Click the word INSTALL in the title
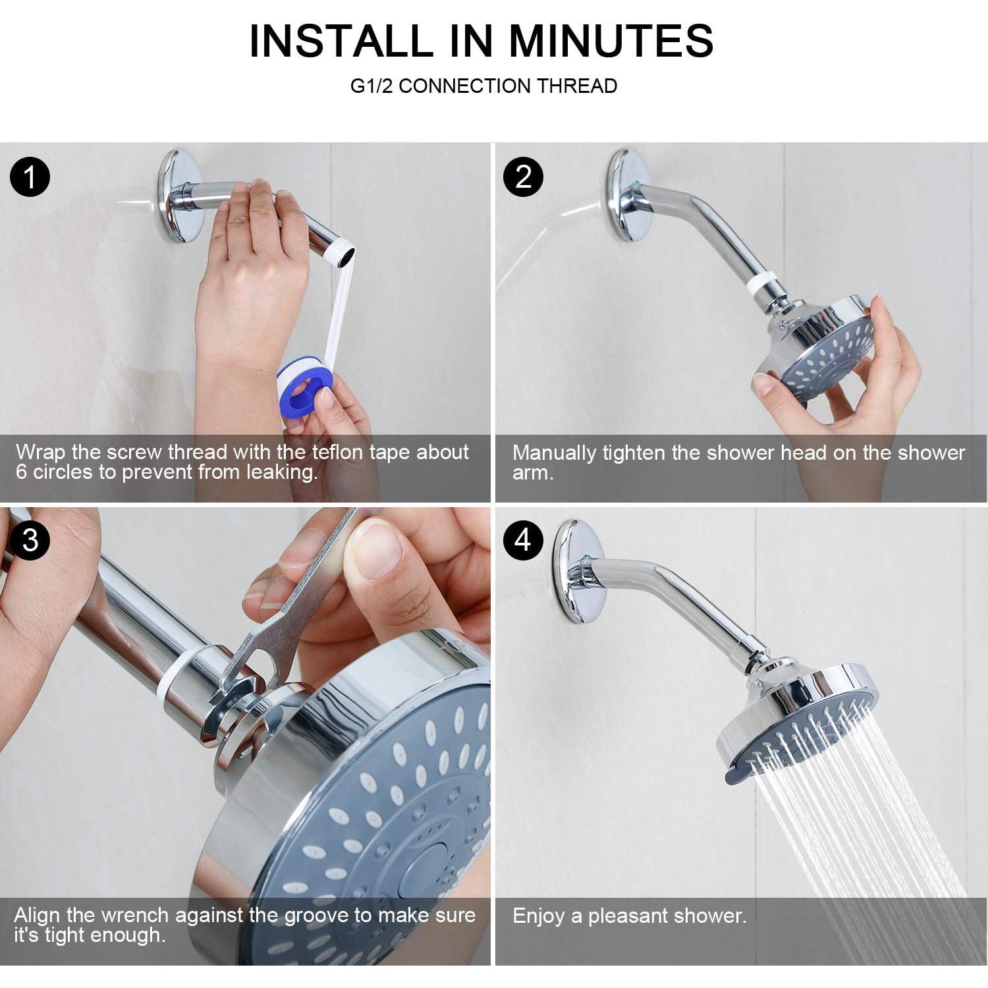click(341, 41)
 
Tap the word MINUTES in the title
click(611, 41)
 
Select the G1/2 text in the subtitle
click(371, 86)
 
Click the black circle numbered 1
click(30, 177)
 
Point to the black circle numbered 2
click(523, 177)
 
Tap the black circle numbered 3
click(30, 540)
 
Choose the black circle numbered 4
click(523, 540)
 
